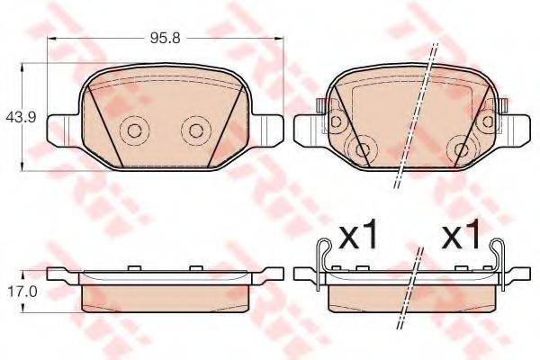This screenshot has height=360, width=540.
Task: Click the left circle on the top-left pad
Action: pos(134,130)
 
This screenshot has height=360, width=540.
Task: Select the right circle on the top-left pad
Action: pos(193,130)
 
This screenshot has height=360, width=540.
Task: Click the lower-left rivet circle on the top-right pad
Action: pos(364,150)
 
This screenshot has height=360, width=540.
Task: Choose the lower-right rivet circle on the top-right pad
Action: pos(463,150)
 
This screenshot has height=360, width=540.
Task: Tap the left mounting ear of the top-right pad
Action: pos(311,127)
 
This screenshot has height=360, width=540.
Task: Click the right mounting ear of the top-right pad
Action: pos(515,127)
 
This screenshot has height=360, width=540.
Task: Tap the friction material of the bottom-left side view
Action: pos(163,295)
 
